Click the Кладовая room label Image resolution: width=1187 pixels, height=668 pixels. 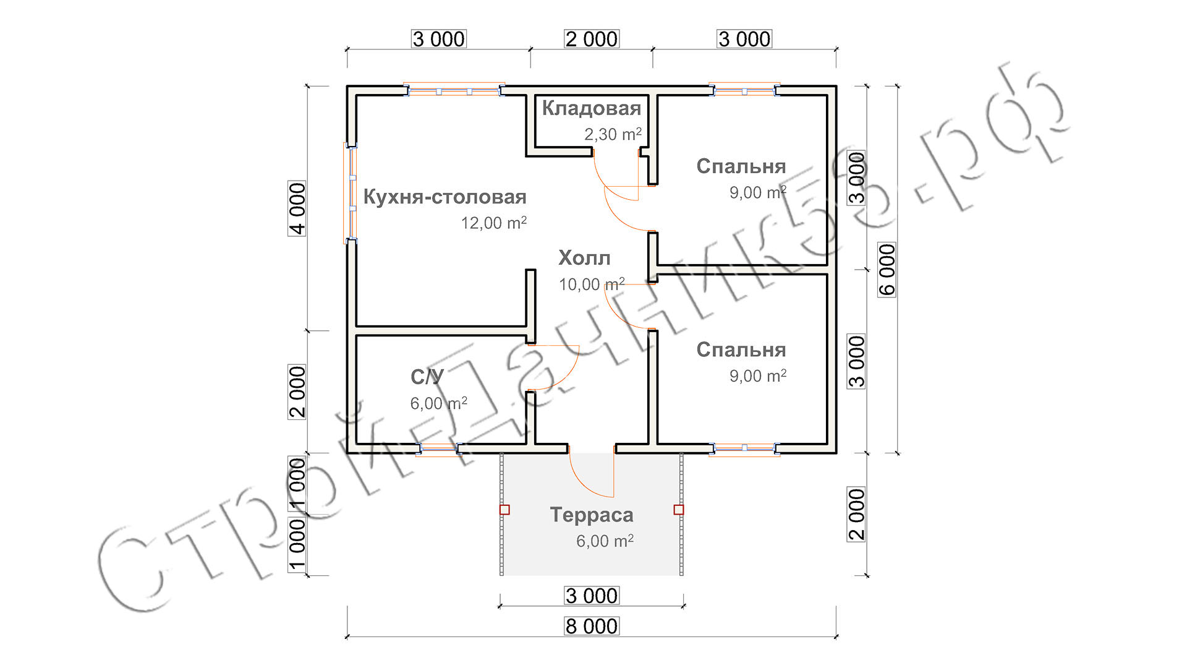click(x=591, y=108)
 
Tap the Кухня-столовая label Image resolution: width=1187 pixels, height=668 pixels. click(x=445, y=197)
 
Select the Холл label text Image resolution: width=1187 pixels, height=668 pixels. click(x=584, y=258)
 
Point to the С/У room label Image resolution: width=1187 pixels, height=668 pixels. click(x=427, y=377)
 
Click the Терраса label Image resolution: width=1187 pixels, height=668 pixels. click(x=592, y=515)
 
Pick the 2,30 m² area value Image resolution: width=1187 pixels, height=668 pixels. click(x=613, y=134)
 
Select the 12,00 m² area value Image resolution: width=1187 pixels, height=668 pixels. click(x=493, y=223)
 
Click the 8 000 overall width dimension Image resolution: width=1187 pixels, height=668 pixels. click(x=592, y=626)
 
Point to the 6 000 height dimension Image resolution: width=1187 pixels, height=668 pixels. click(x=887, y=269)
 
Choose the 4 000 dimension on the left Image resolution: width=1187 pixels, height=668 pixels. click(x=297, y=208)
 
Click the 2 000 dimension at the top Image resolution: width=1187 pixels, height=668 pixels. click(x=592, y=39)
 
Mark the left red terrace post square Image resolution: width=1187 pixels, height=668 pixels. click(x=504, y=510)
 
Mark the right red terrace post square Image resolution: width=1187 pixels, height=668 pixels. click(x=679, y=510)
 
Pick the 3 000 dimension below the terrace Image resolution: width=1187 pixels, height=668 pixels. click(x=592, y=596)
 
